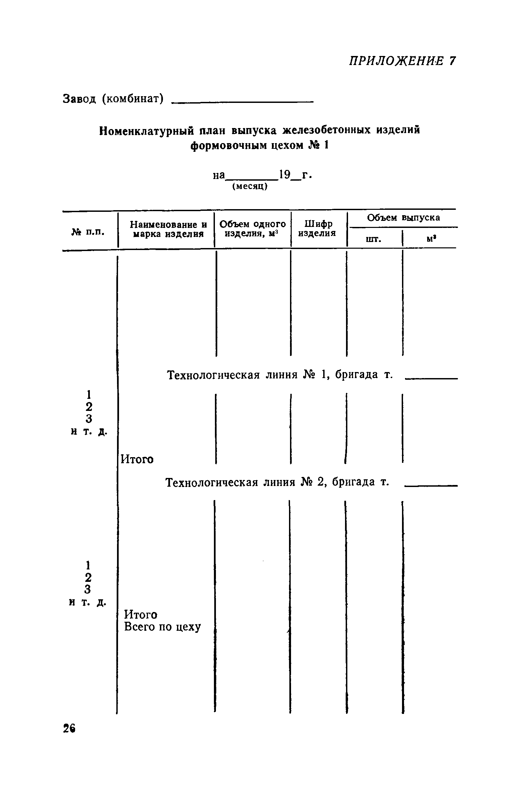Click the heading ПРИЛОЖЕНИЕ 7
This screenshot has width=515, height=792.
[x=402, y=61]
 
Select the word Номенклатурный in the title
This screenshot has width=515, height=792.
[x=147, y=130]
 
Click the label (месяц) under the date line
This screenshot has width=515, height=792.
[x=250, y=187]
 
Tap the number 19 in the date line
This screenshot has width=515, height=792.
[x=285, y=175]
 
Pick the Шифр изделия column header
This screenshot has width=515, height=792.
[x=317, y=228]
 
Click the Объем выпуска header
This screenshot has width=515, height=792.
[x=403, y=218]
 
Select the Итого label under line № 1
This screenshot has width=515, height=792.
[x=137, y=459]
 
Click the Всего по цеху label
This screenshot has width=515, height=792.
[x=163, y=626]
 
